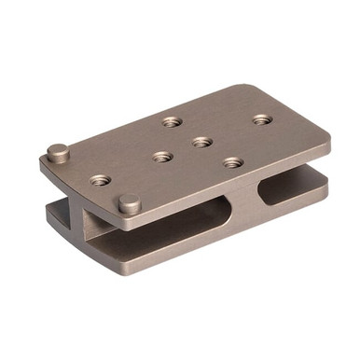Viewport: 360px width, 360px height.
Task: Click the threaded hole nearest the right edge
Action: point(262,119)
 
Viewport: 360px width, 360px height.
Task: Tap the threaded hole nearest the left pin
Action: point(100,179)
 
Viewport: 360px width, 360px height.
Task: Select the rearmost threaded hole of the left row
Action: point(171,121)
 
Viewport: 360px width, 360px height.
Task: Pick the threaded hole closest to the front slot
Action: point(232,162)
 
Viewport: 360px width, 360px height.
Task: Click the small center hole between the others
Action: point(201,142)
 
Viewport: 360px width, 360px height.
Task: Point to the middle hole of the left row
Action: point(162,157)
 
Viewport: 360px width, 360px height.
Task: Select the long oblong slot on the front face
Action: point(187,213)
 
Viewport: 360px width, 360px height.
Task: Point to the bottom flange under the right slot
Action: point(298,207)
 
